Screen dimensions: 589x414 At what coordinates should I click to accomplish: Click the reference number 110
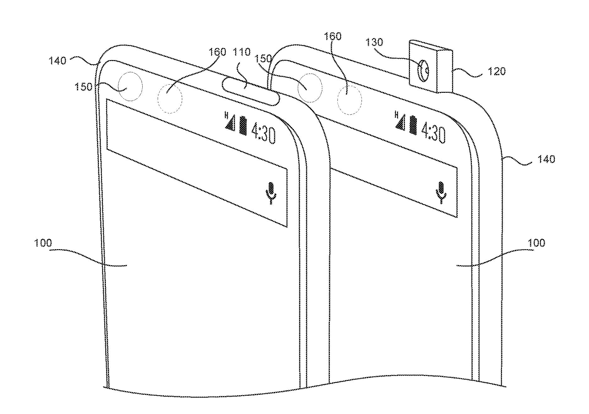click(242, 52)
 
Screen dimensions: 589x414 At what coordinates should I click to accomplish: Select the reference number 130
click(374, 42)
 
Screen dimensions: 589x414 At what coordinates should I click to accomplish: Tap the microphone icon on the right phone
click(442, 192)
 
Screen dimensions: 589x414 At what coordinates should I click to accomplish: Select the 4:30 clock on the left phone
click(264, 132)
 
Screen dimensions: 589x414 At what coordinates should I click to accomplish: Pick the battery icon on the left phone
click(243, 125)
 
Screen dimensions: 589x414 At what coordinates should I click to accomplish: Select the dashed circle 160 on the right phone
click(349, 100)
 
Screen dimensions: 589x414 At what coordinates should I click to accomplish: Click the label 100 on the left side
click(43, 243)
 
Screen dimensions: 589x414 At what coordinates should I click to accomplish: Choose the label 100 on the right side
click(537, 243)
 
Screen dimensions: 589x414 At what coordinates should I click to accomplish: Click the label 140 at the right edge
click(546, 159)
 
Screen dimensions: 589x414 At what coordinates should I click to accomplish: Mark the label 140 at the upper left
click(57, 60)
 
